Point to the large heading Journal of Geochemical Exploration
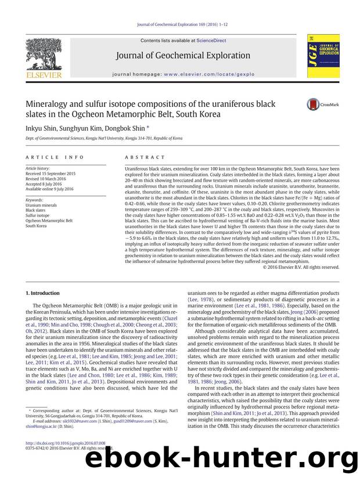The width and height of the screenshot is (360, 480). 183,56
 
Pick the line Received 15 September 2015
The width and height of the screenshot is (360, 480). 51,173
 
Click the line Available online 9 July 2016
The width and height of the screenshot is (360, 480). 50,189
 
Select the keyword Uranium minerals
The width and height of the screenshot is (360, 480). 42,204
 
